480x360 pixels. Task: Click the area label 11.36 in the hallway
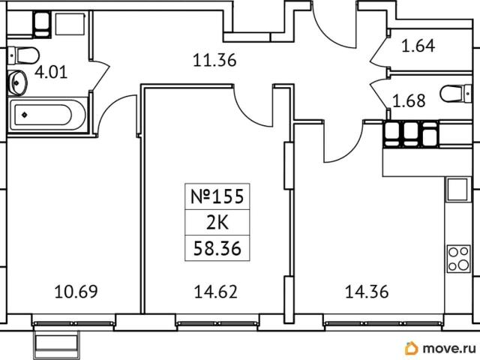(x=214, y=60)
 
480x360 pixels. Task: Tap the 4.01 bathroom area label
(x=51, y=73)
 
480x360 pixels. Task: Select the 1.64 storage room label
(x=418, y=46)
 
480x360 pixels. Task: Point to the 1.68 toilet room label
(x=409, y=100)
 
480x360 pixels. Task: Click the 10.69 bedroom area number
(x=76, y=292)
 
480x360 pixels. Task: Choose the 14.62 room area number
(x=215, y=292)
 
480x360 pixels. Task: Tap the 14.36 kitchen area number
(x=367, y=292)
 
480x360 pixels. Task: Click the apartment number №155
(x=217, y=196)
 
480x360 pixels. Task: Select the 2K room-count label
(x=217, y=223)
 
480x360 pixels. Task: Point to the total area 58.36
(x=217, y=248)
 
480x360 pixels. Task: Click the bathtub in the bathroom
(x=48, y=115)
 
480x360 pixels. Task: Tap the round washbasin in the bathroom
(x=17, y=82)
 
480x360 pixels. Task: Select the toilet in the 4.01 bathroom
(x=23, y=55)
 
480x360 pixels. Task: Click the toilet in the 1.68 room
(x=456, y=93)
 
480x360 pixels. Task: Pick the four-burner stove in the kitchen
(x=458, y=259)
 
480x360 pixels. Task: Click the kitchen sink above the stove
(x=457, y=189)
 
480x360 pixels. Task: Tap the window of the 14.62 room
(x=217, y=323)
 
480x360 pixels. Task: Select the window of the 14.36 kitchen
(x=382, y=323)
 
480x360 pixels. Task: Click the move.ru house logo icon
(x=411, y=348)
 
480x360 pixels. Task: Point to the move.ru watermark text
(x=449, y=348)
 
